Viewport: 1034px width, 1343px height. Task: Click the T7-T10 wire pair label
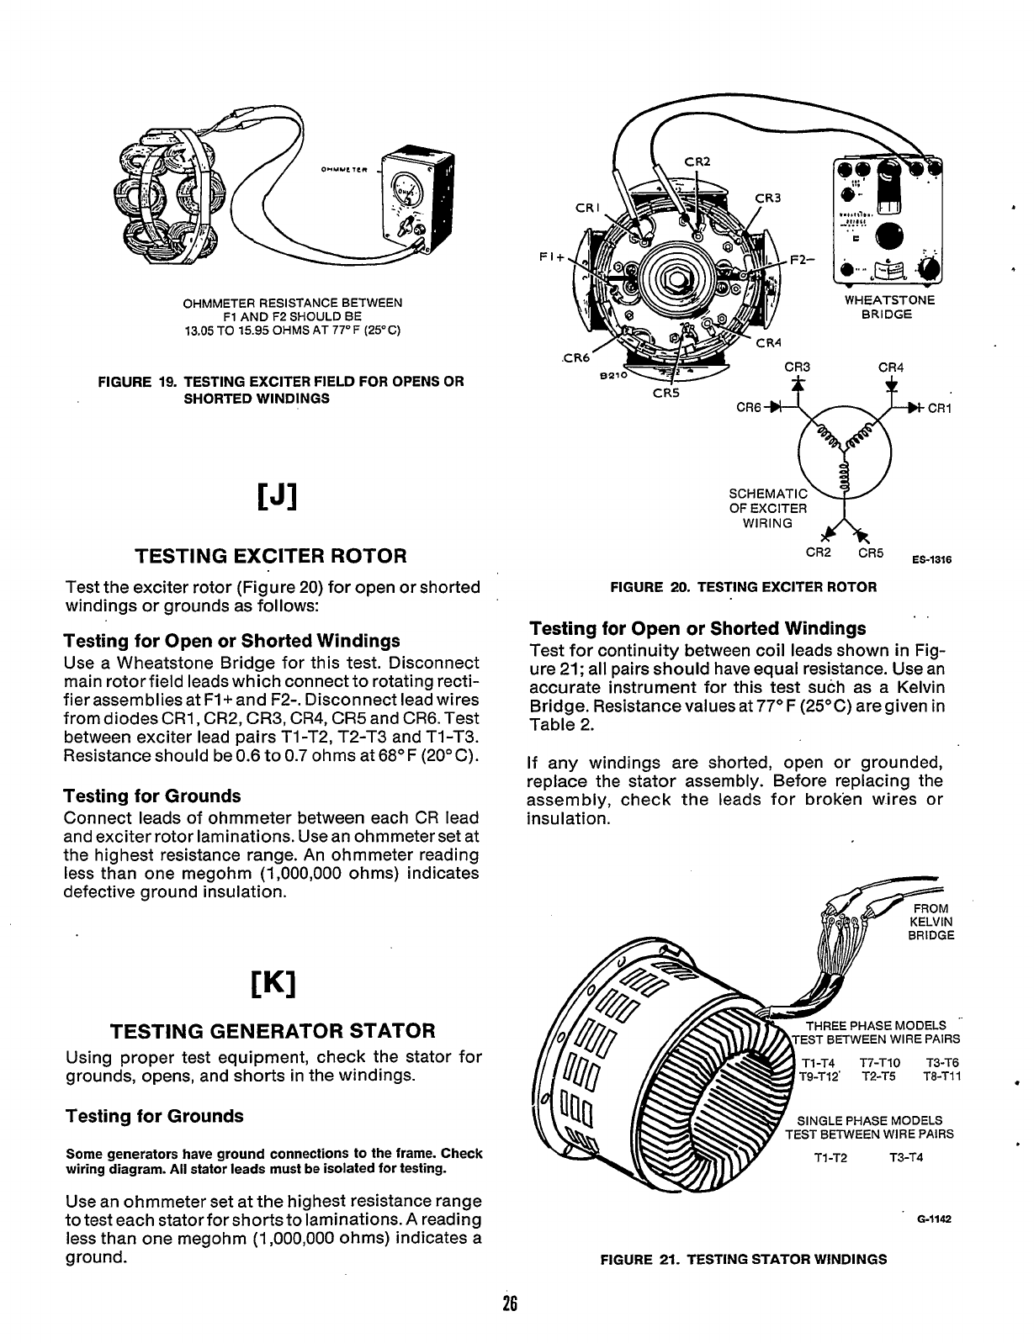tap(880, 1062)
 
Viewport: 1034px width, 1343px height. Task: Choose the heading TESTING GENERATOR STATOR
tap(273, 1030)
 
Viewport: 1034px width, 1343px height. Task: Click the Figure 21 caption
tap(743, 1259)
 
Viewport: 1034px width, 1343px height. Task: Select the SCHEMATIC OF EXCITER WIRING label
tap(768, 508)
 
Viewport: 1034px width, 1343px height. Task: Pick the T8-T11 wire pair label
tap(941, 1076)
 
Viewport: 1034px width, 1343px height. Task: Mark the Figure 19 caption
tap(282, 389)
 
